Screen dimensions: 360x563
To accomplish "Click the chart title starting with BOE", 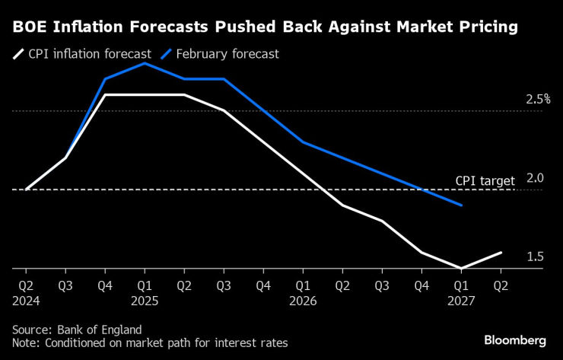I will [265, 28].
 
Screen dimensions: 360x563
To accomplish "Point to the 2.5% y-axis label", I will [538, 100].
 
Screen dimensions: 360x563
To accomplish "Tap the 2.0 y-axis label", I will [535, 178].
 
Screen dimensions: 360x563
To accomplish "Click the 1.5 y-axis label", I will [535, 256].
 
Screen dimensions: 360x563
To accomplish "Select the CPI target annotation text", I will [485, 180].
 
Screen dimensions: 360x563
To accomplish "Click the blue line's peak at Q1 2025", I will [145, 63].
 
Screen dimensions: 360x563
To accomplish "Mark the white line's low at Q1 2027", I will [461, 268].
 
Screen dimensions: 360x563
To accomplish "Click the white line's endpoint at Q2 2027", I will [501, 252].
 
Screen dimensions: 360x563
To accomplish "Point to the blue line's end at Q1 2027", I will [461, 205].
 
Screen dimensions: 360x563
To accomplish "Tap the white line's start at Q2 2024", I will [26, 190].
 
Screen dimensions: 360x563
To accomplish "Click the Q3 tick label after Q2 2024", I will [65, 286].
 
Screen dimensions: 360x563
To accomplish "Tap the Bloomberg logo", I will [514, 339].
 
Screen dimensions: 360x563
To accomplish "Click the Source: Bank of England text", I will [77, 330].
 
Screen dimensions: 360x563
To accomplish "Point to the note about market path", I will [150, 343].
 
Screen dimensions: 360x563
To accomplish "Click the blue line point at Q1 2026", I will [303, 142].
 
